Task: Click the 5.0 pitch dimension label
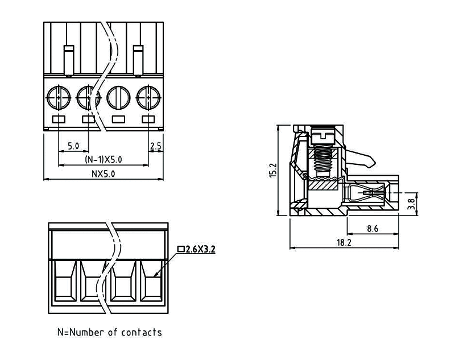pyautogui.click(x=73, y=146)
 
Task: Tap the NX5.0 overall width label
pyautogui.click(x=103, y=174)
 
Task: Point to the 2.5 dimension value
pyautogui.click(x=155, y=146)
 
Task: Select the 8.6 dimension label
pyautogui.click(x=373, y=229)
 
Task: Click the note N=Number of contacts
pyautogui.click(x=109, y=332)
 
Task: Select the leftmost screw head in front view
pyautogui.click(x=59, y=96)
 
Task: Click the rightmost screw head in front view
pyautogui.click(x=148, y=96)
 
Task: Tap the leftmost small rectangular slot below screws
pyautogui.click(x=59, y=119)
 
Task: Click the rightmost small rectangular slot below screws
pyautogui.click(x=148, y=119)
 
